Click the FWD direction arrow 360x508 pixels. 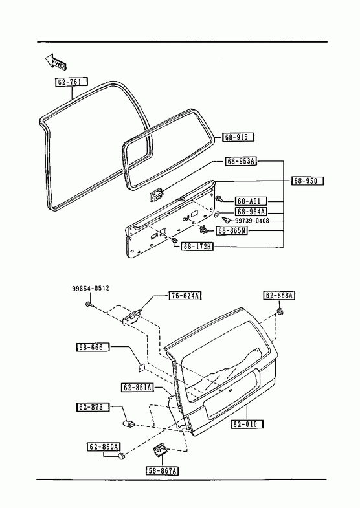(56, 61)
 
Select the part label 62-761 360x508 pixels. (71, 82)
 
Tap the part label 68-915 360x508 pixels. (238, 137)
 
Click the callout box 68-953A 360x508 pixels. (241, 161)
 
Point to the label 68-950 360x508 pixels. (307, 181)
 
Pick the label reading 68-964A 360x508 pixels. (251, 212)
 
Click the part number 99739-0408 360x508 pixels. (252, 221)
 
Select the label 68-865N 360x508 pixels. (231, 230)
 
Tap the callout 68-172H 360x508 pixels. (197, 247)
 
